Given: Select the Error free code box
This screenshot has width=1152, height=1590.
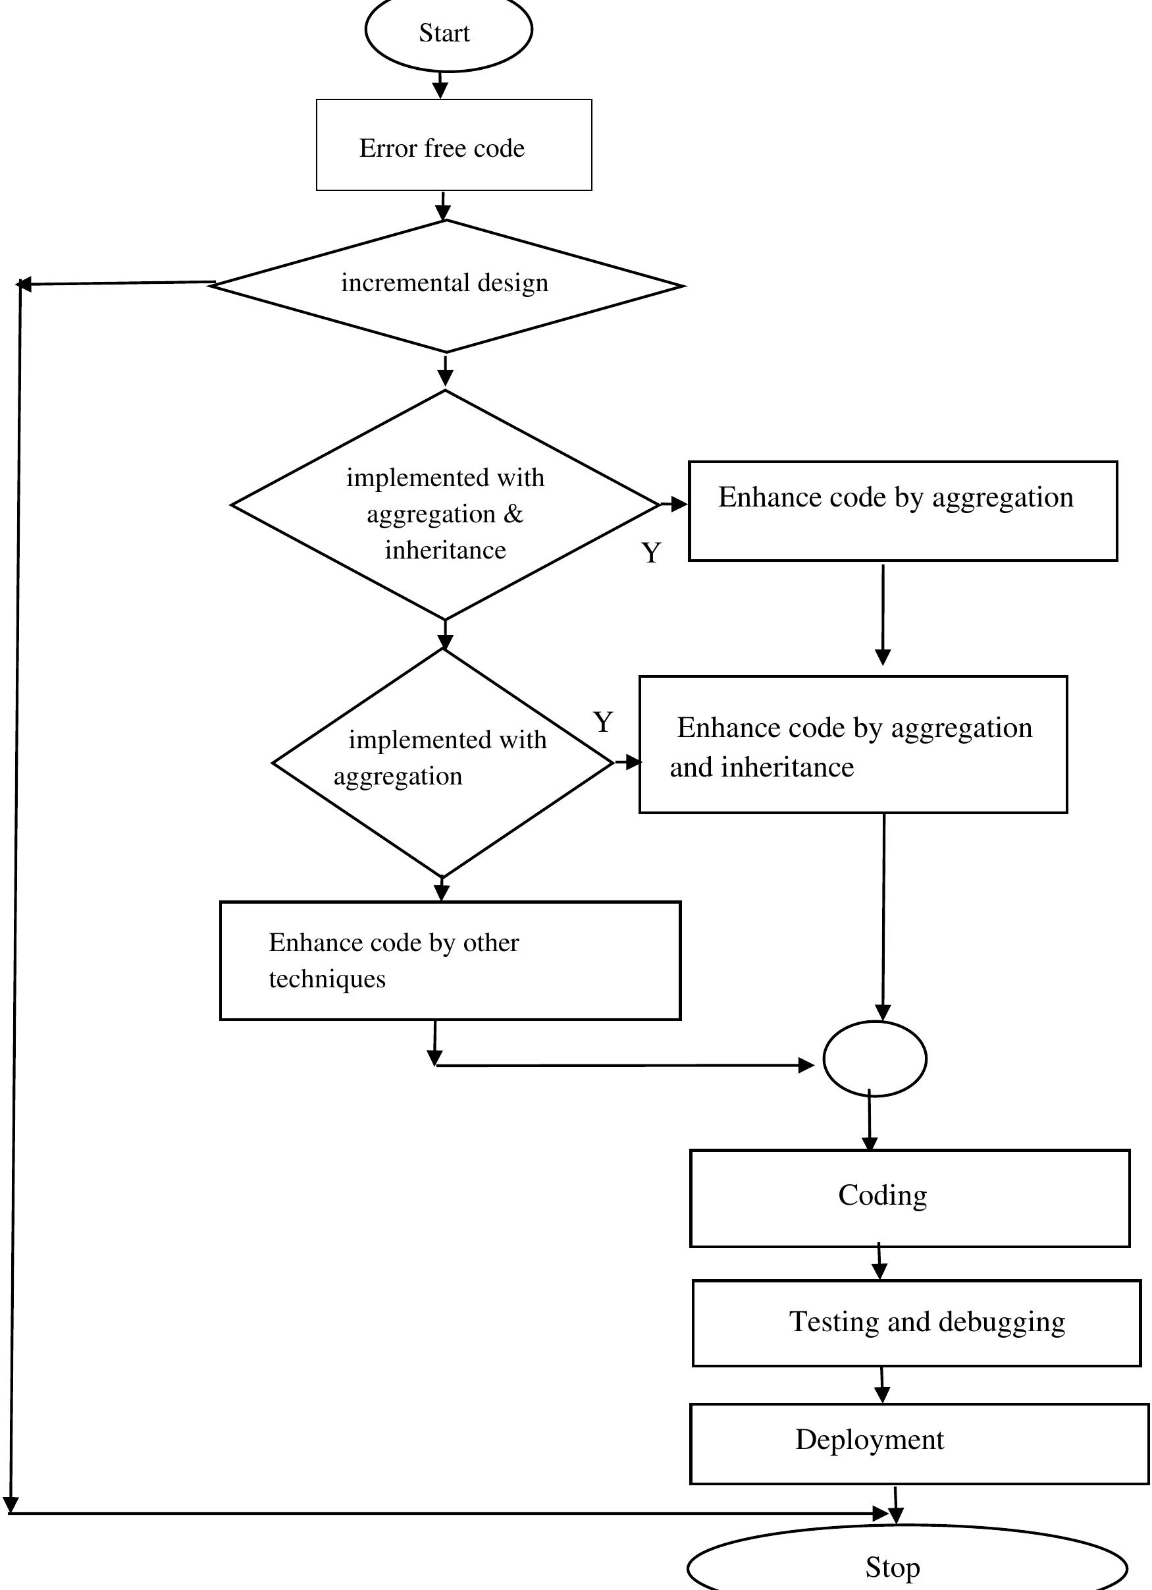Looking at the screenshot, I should (x=454, y=145).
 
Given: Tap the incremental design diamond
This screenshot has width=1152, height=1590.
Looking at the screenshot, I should (x=446, y=285).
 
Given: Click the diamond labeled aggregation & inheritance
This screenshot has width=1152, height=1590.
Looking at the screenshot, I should (x=445, y=505).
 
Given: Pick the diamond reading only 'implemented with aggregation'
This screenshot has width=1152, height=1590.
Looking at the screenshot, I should (x=443, y=762).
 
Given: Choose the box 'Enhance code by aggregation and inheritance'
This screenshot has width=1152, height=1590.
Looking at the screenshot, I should (x=852, y=744).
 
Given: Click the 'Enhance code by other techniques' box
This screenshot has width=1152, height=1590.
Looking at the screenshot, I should (x=450, y=960).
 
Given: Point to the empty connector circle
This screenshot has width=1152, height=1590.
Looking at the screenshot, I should (x=874, y=1058).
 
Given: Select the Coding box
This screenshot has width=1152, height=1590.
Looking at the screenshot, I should (x=910, y=1198).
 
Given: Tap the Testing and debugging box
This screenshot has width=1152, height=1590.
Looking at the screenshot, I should (x=916, y=1323).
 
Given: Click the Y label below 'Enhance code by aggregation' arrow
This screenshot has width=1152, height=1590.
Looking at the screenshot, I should (x=651, y=554).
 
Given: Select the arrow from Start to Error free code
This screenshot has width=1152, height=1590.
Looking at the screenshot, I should (x=440, y=85).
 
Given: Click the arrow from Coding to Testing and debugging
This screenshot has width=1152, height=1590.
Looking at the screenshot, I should (x=879, y=1263).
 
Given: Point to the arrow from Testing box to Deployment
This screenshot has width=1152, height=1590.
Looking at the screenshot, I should (x=882, y=1385).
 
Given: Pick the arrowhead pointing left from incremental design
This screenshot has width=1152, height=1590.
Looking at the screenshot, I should (x=24, y=284).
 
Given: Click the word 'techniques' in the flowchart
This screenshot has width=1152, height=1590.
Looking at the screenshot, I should (x=327, y=979).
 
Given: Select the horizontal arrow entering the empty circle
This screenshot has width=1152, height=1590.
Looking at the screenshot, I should (x=623, y=1066).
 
